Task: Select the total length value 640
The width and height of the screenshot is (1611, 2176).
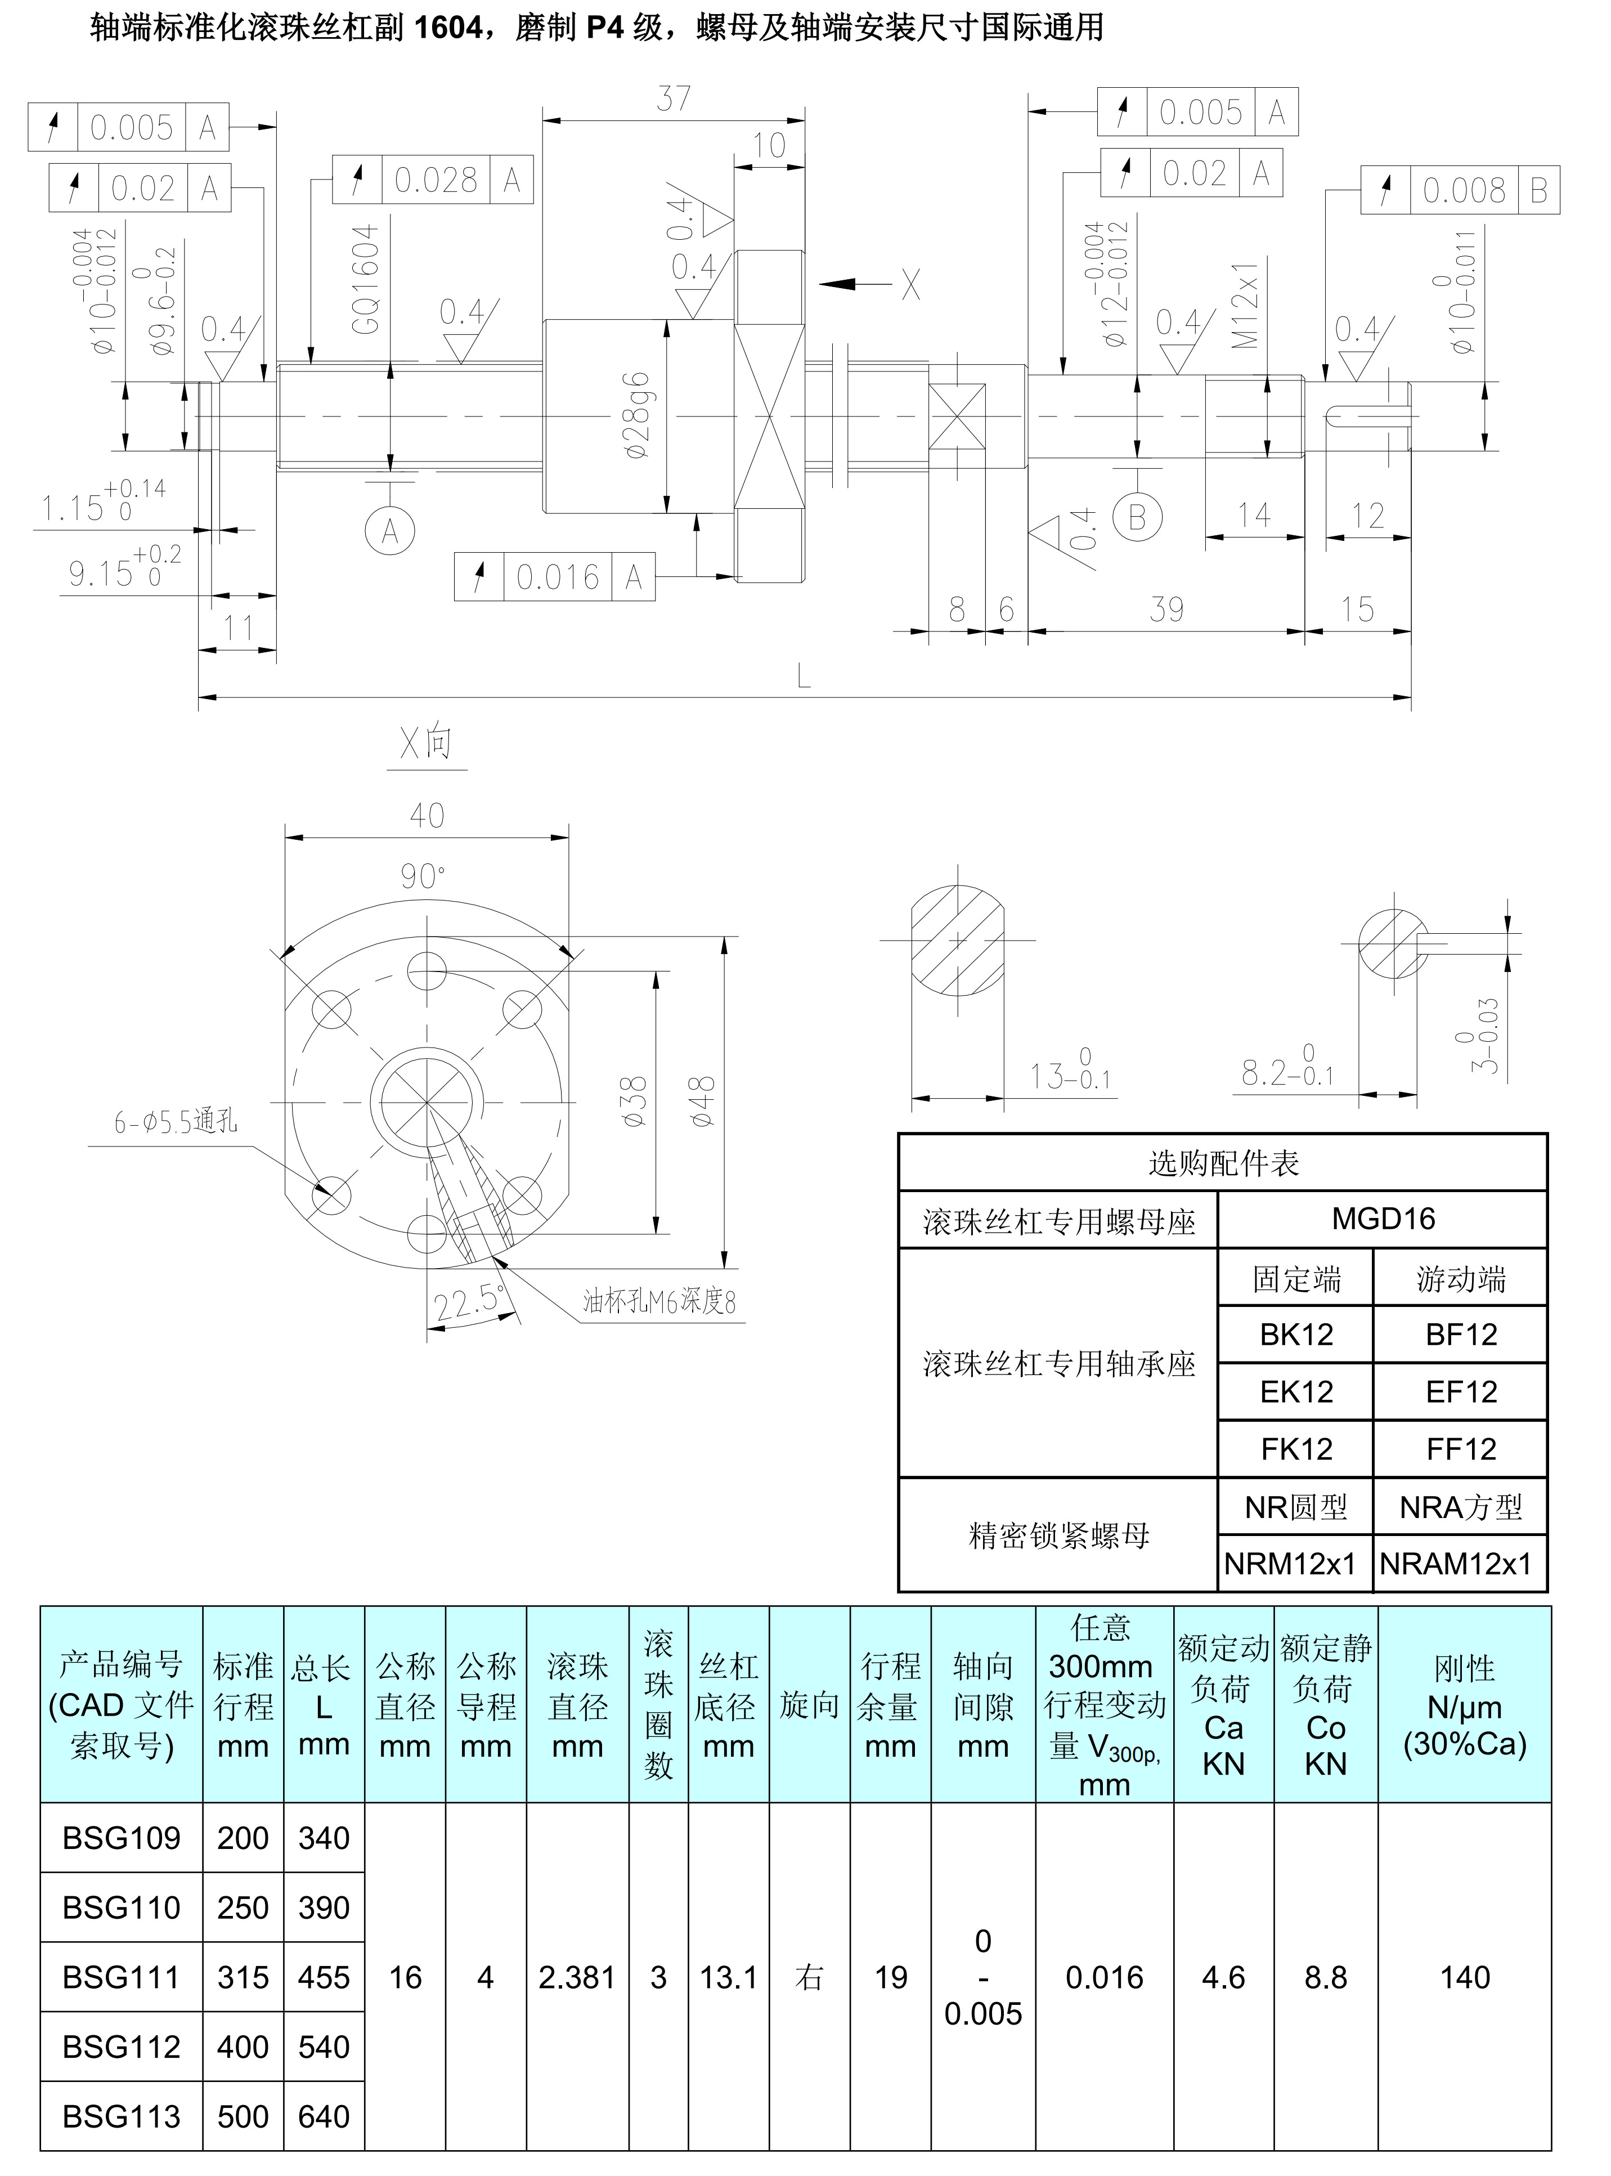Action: pyautogui.click(x=324, y=2116)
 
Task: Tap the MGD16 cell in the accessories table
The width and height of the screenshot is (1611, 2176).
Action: pyautogui.click(x=1383, y=1218)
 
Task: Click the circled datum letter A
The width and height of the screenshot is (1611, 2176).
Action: pyautogui.click(x=390, y=531)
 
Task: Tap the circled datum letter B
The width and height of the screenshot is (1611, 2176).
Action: pyautogui.click(x=1137, y=517)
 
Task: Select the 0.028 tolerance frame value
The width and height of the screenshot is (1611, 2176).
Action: pyautogui.click(x=436, y=180)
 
